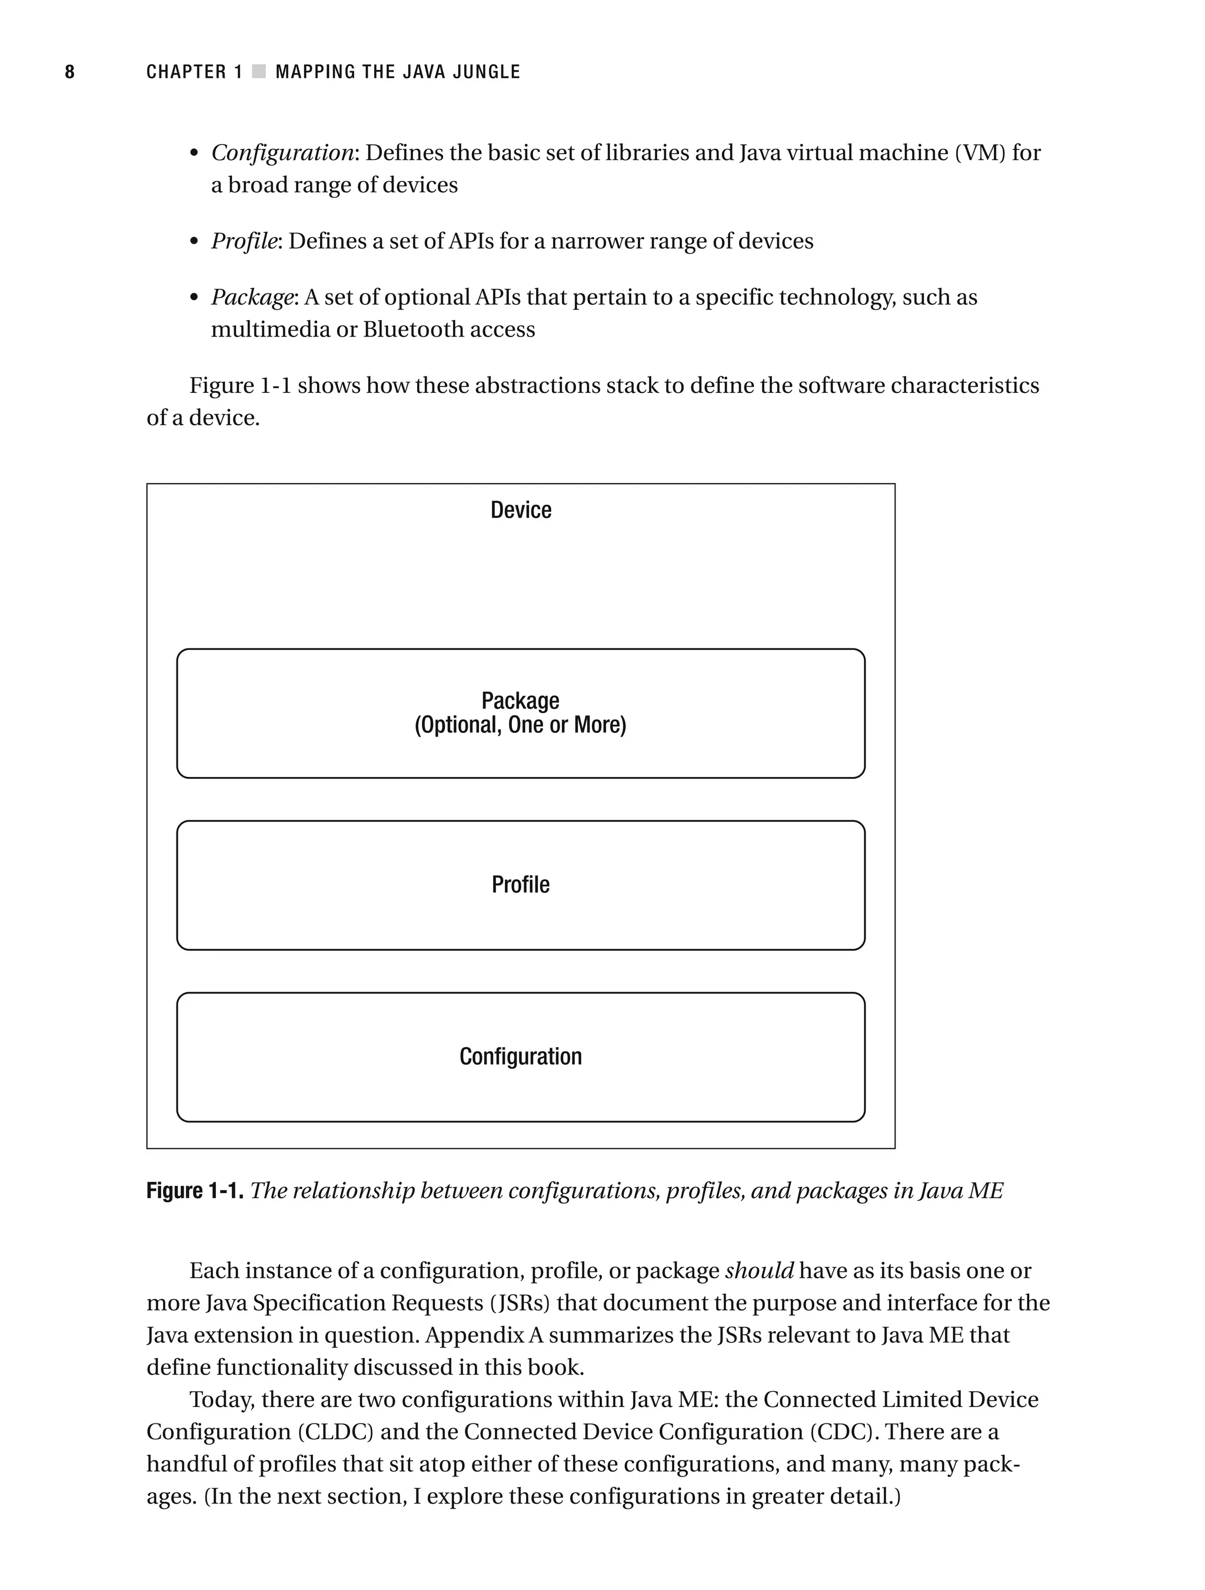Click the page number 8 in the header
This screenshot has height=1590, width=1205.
70,72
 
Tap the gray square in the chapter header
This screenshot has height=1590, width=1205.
259,72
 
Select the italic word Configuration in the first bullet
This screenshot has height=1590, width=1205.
282,153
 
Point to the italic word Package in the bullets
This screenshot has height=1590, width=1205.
252,297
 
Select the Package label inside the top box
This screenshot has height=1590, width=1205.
521,700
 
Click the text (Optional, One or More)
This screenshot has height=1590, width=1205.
521,725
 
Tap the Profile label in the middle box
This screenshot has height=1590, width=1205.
521,884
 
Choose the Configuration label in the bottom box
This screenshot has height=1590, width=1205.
521,1056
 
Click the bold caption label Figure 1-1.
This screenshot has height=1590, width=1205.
195,1191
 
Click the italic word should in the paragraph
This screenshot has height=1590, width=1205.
759,1271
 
